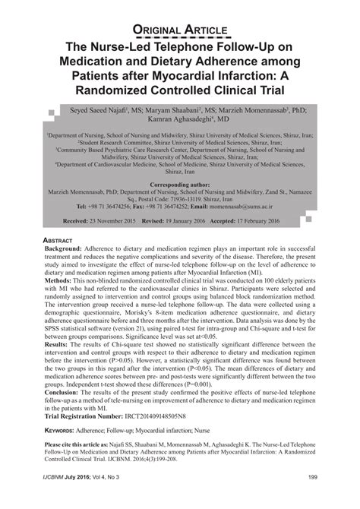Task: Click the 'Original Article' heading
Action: pyautogui.click(x=180, y=30)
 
